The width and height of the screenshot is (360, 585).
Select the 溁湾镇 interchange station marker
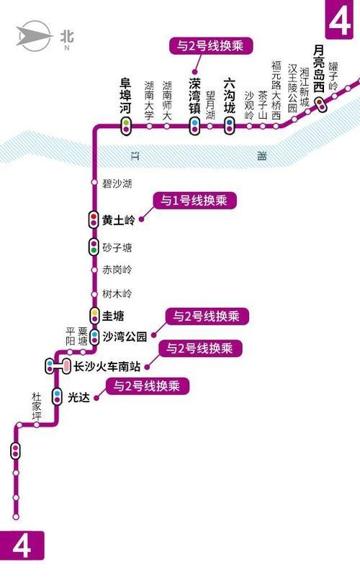point(194,125)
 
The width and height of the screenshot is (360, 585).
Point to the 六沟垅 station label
point(229,98)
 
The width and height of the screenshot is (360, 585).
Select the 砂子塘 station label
point(117,248)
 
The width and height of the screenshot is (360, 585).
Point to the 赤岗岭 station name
point(117,270)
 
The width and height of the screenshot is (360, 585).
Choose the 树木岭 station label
point(117,294)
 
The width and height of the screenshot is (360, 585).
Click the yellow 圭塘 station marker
point(94,314)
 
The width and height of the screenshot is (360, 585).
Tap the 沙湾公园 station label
point(125,335)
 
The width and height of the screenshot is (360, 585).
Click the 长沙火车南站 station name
point(107,367)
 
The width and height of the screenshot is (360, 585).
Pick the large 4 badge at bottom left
point(22,547)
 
